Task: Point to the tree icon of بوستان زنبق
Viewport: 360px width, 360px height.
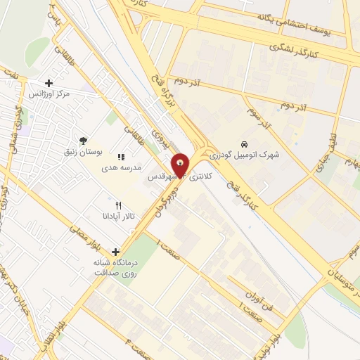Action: [x=84, y=141]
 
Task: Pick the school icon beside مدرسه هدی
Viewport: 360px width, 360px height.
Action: [x=121, y=157]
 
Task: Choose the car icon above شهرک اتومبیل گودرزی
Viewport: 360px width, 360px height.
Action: [x=243, y=141]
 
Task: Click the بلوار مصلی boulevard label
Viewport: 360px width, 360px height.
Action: [x=87, y=240]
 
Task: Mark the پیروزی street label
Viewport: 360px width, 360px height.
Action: [x=164, y=143]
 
